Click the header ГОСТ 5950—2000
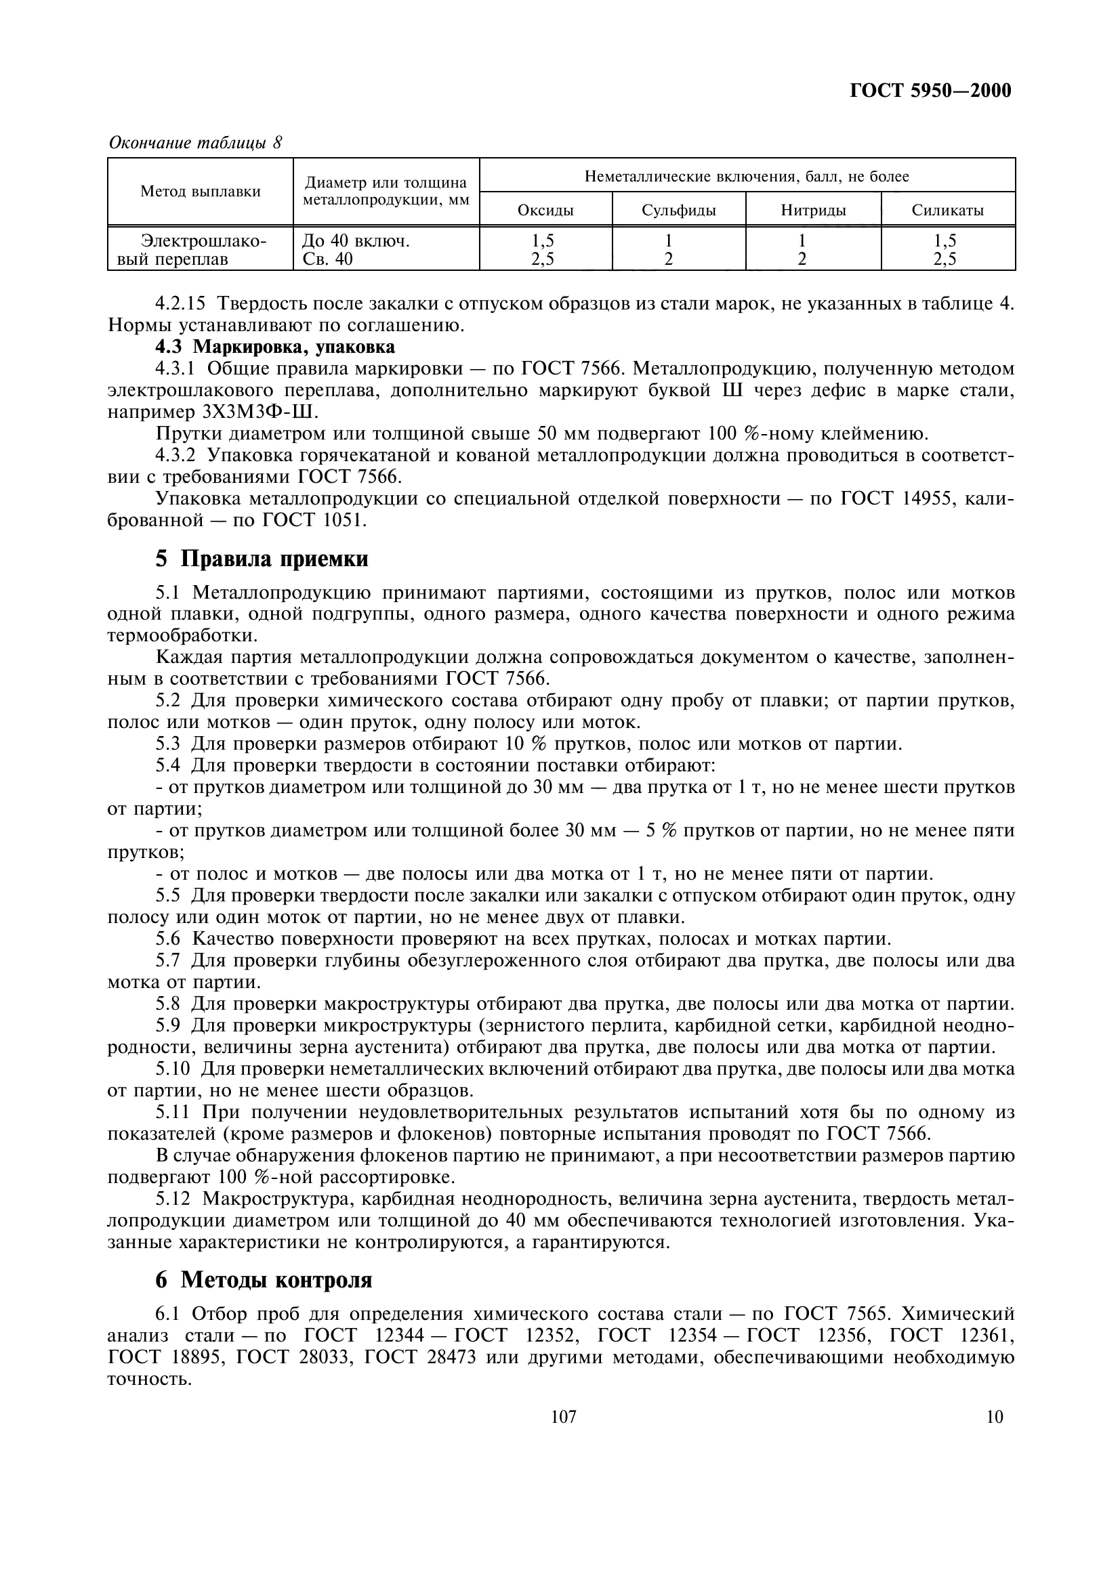click(930, 91)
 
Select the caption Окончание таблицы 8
click(196, 143)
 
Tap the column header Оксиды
click(545, 211)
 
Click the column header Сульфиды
click(678, 211)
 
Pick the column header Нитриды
click(813, 211)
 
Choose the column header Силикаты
click(947, 211)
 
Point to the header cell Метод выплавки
click(200, 192)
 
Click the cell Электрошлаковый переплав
click(200, 251)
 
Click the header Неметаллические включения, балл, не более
click(747, 177)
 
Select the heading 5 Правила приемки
click(262, 559)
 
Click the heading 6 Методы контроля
click(264, 1280)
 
